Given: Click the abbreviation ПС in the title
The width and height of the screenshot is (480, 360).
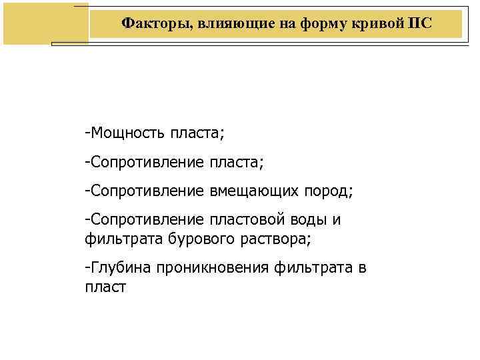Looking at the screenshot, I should [x=420, y=23].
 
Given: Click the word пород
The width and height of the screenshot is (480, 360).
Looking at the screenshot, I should [x=327, y=191].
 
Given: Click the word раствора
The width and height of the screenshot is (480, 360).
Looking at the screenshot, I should [x=271, y=237].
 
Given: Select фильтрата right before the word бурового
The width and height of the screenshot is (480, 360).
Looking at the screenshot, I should [x=119, y=237].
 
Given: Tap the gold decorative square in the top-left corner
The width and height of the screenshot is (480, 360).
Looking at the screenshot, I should [x=45, y=23].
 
